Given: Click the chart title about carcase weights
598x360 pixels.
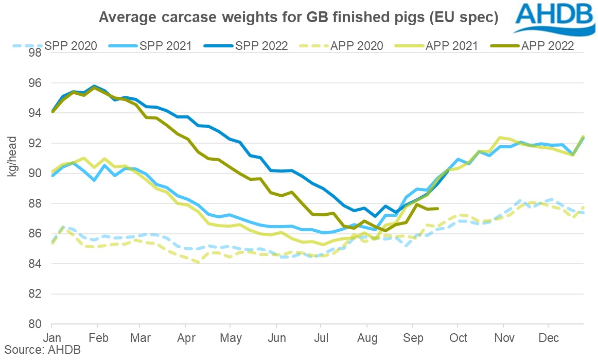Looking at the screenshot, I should click(x=298, y=18).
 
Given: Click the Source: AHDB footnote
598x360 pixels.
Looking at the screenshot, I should click(x=33, y=352).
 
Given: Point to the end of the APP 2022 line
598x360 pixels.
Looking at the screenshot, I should click(x=437, y=209).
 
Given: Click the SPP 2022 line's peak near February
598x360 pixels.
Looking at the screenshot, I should click(x=94, y=86).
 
